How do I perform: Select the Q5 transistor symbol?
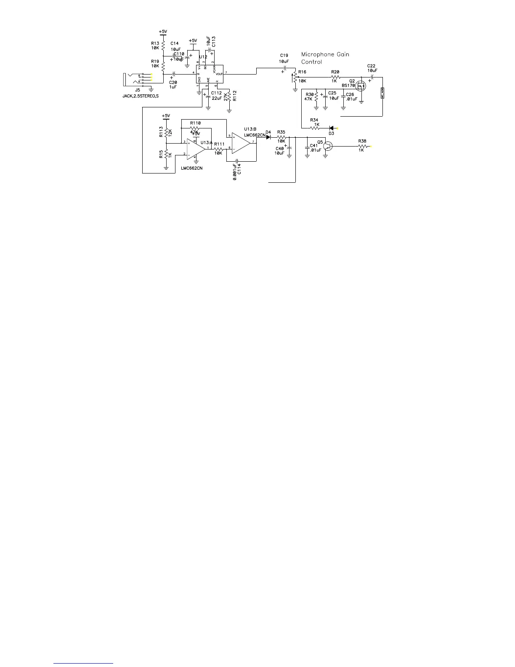pos(328,146)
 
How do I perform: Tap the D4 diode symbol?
pos(268,137)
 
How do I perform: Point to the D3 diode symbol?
pos(332,128)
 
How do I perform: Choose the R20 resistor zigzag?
pos(335,77)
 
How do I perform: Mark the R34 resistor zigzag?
pos(315,128)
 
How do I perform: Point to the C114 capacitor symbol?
pos(238,160)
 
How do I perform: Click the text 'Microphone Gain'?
pos(325,54)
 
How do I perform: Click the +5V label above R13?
pos(163,32)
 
